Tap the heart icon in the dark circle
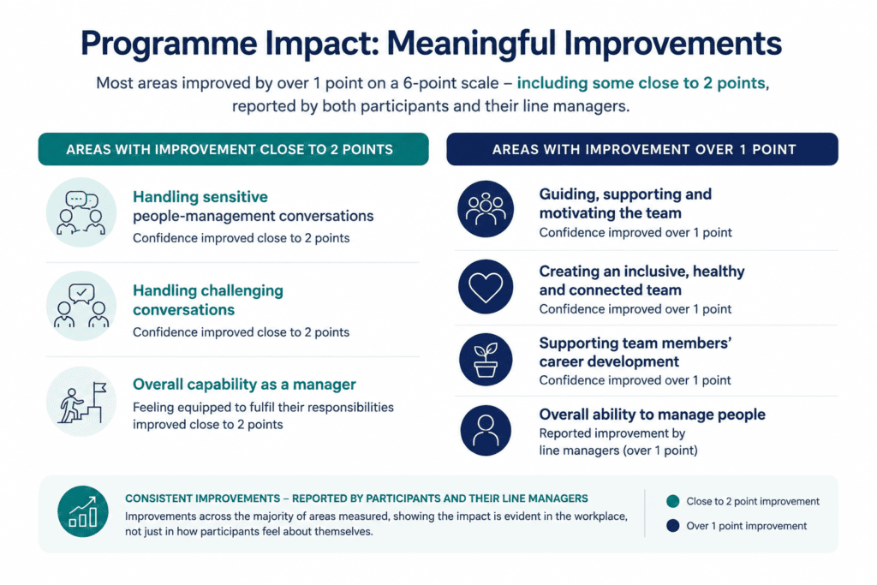(486, 286)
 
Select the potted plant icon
(486, 360)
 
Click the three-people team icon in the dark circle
(486, 209)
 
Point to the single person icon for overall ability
(486, 430)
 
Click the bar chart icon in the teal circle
(83, 511)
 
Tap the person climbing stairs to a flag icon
(81, 402)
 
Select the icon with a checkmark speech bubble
(81, 306)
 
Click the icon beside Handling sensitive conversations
(81, 212)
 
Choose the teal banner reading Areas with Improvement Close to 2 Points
(233, 149)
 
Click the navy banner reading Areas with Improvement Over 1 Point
(642, 149)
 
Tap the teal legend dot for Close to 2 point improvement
(673, 501)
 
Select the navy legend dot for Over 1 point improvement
(673, 526)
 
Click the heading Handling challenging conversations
(208, 301)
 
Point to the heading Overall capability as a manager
(244, 385)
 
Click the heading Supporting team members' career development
(635, 352)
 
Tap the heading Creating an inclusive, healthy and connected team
(642, 281)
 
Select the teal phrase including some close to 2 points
(641, 83)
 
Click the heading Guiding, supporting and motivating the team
(625, 204)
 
